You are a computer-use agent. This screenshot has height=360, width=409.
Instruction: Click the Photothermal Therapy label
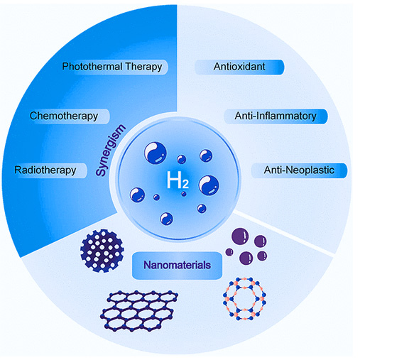[x=112, y=67]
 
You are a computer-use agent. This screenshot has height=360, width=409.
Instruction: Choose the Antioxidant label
[x=240, y=67]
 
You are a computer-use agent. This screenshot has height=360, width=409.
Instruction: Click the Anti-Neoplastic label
[x=299, y=170]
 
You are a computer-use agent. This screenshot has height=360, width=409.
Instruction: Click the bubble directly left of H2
[x=138, y=192]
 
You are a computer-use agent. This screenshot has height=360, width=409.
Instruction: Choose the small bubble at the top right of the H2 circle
[x=205, y=153]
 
